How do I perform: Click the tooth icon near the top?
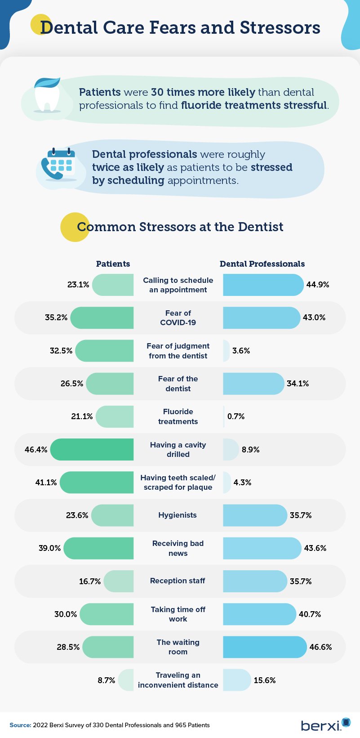pos(47,95)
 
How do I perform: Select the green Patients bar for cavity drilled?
pos(92,450)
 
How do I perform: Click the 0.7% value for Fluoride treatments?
pos(236,416)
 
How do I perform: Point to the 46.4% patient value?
pos(36,450)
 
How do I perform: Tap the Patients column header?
pos(113,264)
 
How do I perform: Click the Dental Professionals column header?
pos(262,264)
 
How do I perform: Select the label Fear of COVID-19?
pos(178,318)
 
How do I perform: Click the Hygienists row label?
pos(178,515)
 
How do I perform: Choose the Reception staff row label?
pos(178,581)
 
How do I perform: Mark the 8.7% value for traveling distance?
pos(107,680)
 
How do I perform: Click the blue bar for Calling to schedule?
pos(263,285)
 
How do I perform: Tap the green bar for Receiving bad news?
pos(99,548)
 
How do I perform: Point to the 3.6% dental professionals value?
pos(241,351)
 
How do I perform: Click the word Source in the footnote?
pos(20,725)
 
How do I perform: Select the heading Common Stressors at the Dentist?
pos(180,227)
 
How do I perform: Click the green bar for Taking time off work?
pos(107,614)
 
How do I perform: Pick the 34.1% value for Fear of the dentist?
pos(298,384)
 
